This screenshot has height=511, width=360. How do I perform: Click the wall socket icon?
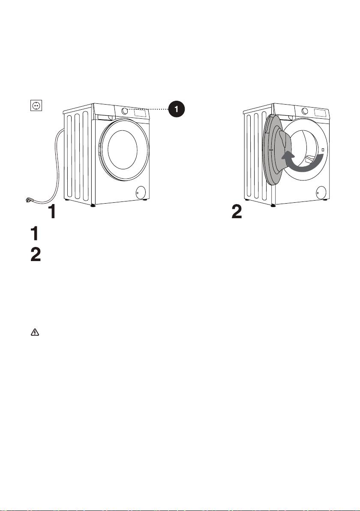coord(36,105)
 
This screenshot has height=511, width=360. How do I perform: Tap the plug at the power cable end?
coord(30,200)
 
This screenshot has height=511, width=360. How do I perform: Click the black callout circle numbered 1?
coord(176,109)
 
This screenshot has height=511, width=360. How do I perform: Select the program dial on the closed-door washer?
coord(124,111)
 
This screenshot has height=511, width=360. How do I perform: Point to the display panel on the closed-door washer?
coord(140,113)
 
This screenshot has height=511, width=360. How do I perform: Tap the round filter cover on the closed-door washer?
coord(141,192)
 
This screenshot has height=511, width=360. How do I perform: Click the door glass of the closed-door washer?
coord(123,150)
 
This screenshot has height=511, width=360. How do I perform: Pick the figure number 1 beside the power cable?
coord(52,212)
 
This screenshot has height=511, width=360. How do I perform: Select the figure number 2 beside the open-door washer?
coord(237,212)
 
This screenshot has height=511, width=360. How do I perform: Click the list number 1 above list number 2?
coord(35,234)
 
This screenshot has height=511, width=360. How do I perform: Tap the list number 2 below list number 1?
coord(36,255)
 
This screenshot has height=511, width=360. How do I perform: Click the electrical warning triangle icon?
coord(35,332)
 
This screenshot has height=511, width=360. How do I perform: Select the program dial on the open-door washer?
coord(305,111)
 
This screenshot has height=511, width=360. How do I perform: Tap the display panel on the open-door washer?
coord(320,113)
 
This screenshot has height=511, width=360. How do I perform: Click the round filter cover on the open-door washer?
coord(321,192)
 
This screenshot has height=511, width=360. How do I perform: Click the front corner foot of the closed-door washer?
coord(93,205)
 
